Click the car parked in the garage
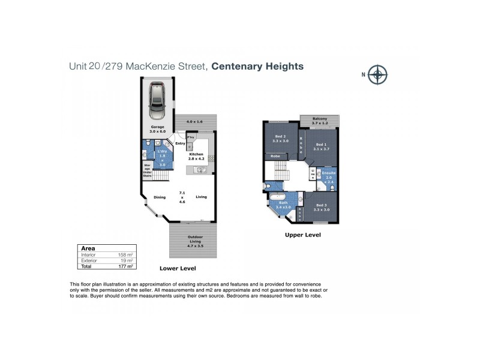[x=159, y=102]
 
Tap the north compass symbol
[x=378, y=75]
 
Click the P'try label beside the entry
[x=191, y=138]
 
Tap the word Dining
[x=159, y=197]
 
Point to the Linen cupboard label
[x=312, y=174]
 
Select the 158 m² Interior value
[x=125, y=254]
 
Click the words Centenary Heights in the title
[x=257, y=67]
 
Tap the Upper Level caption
[x=303, y=235]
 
